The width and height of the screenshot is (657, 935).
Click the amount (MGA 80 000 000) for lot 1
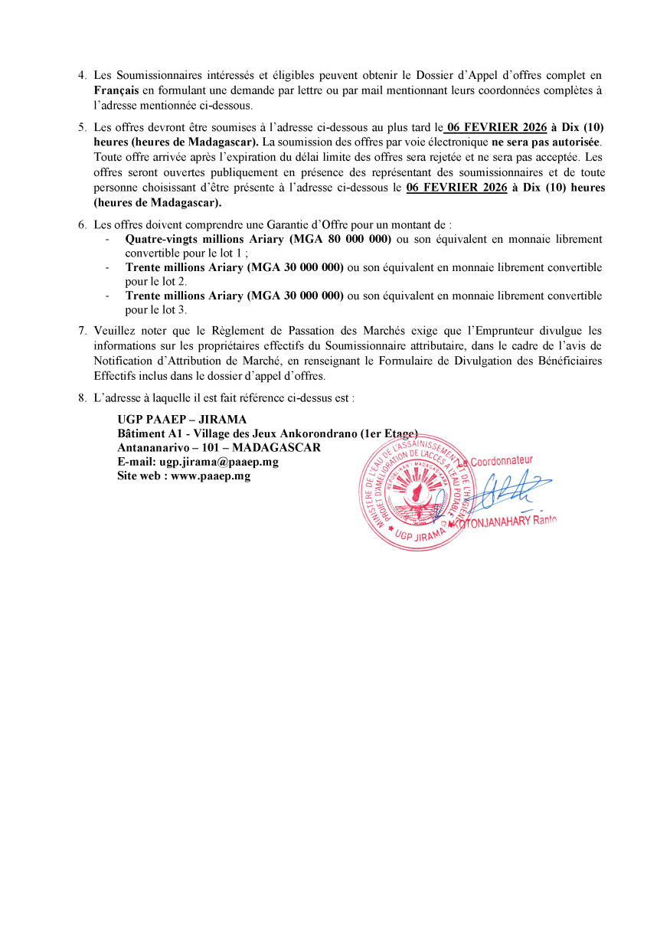coord(342,239)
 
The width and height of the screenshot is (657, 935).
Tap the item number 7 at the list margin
coord(82,332)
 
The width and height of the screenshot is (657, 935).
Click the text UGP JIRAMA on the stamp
coord(421,535)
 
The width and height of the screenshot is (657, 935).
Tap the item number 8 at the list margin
coord(82,398)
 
